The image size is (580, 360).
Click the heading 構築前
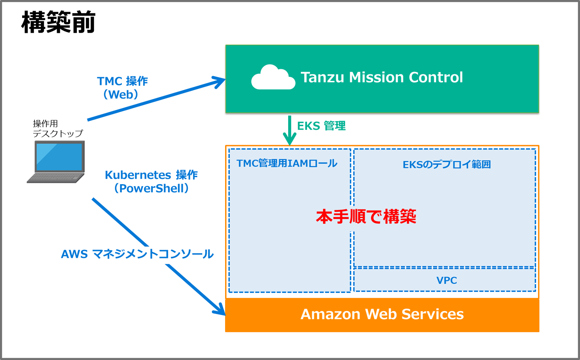point(58,22)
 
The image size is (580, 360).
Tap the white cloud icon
point(273,78)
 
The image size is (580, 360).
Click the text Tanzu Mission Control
point(382,77)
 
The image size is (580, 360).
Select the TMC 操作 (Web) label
point(122,88)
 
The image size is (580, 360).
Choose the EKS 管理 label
point(321,126)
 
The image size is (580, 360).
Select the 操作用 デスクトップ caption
point(58,129)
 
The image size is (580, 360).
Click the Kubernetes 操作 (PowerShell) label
point(151,182)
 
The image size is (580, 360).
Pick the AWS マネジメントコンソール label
point(137,254)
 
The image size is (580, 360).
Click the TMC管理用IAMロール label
point(287,164)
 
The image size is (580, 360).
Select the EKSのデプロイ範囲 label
point(447,165)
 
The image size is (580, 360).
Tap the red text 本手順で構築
point(366,216)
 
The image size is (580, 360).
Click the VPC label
point(447,280)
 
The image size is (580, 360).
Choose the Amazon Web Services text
point(382,314)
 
